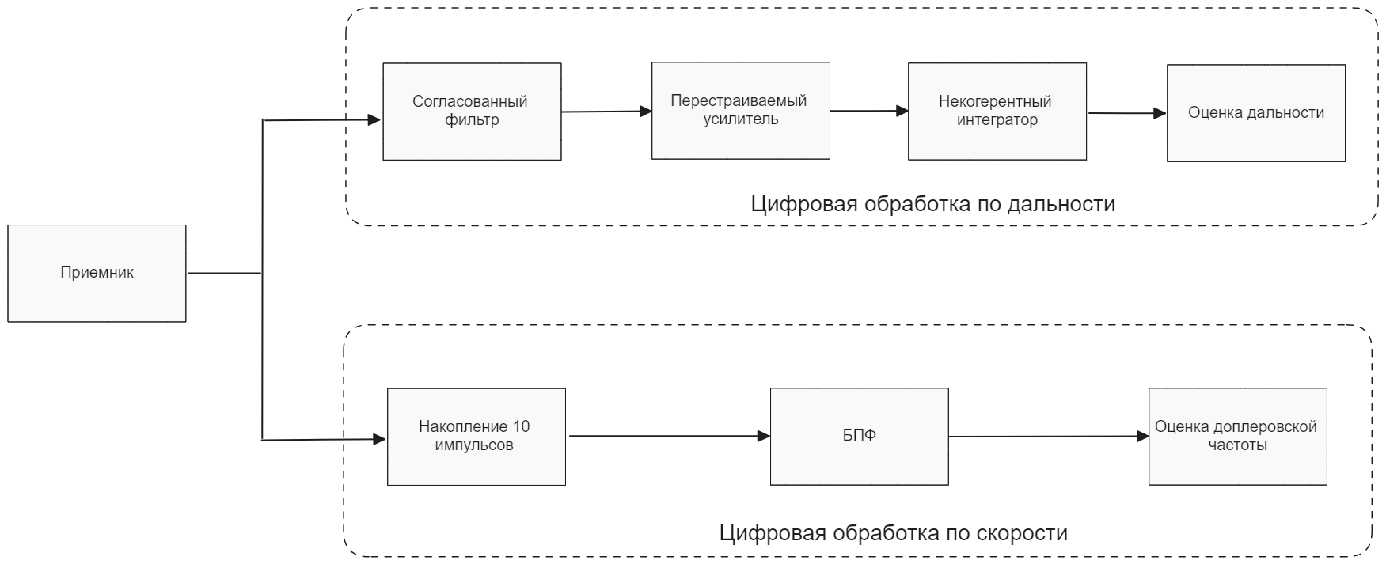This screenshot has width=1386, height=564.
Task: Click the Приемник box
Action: tap(97, 273)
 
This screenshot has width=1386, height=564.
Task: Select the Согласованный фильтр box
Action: tap(472, 112)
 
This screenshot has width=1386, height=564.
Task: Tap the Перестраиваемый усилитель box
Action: tap(740, 111)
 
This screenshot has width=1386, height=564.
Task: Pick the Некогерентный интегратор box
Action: tap(997, 112)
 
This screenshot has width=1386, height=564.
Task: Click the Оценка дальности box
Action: tap(1255, 113)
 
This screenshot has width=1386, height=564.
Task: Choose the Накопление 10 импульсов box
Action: tap(476, 437)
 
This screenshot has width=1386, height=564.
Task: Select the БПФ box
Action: tap(859, 436)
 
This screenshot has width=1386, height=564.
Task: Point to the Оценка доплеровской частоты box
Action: tap(1237, 436)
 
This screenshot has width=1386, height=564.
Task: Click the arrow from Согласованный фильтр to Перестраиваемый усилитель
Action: tap(606, 112)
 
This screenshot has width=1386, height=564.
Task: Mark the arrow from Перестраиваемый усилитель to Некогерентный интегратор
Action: tap(869, 112)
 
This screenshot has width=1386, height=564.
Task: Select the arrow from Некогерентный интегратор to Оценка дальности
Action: tap(1127, 113)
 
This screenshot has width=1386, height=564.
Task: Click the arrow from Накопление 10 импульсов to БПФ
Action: tap(668, 436)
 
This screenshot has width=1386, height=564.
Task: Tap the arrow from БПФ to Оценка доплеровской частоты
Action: tap(1048, 436)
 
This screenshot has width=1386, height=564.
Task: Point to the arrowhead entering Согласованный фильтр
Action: tap(375, 120)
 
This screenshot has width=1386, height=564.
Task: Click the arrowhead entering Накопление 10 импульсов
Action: tap(379, 439)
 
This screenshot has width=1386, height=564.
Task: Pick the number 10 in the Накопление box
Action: tap(521, 427)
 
